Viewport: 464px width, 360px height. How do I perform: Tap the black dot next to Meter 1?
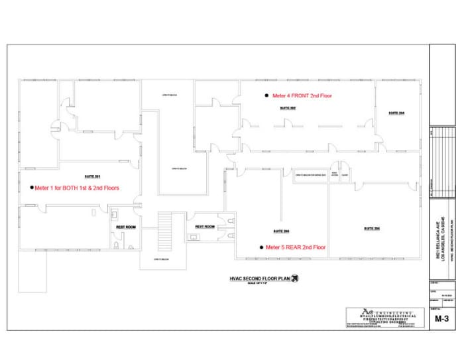click(x=31, y=188)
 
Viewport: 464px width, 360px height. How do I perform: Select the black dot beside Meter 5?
click(x=261, y=247)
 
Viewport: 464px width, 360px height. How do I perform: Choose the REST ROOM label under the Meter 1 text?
click(x=126, y=227)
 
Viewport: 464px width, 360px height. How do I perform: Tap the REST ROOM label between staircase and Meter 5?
click(x=205, y=227)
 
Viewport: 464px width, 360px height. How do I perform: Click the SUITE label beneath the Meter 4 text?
click(x=288, y=107)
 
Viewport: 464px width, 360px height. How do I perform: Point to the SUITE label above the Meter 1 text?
click(x=92, y=176)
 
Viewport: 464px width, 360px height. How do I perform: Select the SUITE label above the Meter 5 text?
click(x=282, y=231)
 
